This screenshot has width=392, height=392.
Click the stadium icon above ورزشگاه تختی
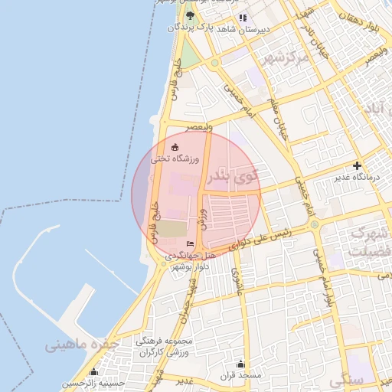point(175,148)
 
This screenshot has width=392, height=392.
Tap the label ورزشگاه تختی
point(174,158)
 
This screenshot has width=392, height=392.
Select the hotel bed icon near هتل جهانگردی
point(191,243)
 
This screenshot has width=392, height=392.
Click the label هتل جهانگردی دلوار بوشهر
point(189,260)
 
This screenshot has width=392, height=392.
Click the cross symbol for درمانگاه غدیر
point(357,165)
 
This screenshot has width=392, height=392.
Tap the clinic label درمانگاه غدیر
point(356,178)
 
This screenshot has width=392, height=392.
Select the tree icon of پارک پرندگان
point(190,16)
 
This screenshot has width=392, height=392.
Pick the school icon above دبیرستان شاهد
point(243,17)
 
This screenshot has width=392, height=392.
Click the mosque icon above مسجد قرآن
point(241,364)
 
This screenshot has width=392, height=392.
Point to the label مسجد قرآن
point(243,376)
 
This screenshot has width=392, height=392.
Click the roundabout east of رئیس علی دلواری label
point(314,225)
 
